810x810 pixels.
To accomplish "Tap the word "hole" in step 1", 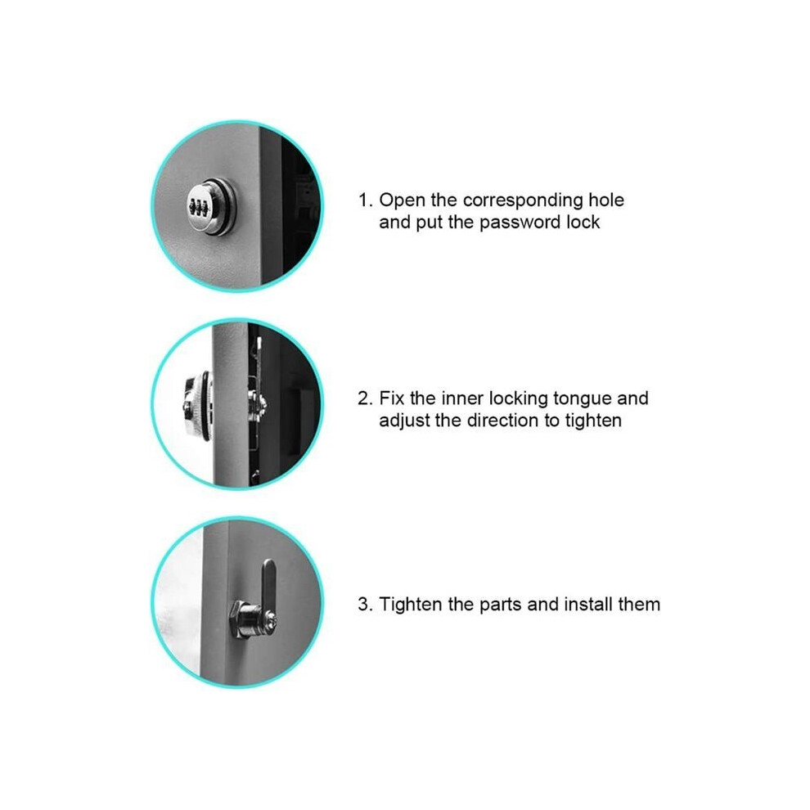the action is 606,200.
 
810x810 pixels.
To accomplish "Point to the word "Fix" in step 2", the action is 392,398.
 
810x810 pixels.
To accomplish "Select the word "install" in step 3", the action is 588,605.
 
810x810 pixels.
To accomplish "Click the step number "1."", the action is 365,200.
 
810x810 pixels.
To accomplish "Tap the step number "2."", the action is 365,398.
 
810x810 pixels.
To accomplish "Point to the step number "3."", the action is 365,605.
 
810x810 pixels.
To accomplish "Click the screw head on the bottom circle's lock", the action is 270,618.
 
